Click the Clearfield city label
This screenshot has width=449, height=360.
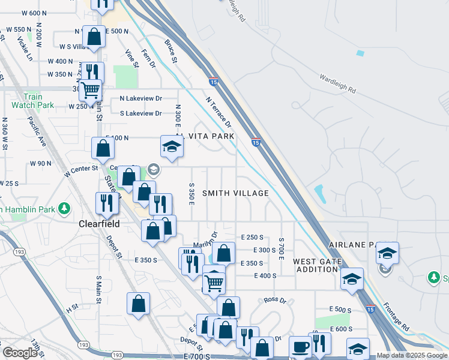click(x=99, y=224)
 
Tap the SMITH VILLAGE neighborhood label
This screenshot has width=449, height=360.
click(x=235, y=193)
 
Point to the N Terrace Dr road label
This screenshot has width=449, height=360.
click(x=218, y=113)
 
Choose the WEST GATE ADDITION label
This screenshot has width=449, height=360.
click(x=316, y=266)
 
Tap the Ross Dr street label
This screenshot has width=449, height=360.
click(x=276, y=299)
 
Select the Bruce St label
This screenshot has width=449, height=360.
click(x=170, y=52)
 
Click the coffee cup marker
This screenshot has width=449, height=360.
click(x=300, y=347)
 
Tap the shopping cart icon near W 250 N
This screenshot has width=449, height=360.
click(x=91, y=90)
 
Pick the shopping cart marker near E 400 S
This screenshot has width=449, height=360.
click(x=214, y=281)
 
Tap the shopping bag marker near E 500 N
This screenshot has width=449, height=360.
click(x=94, y=37)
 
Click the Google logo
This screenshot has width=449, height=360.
click(x=20, y=353)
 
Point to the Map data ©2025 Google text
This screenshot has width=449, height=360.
click(x=412, y=356)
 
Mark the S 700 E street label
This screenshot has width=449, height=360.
click(x=281, y=248)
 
